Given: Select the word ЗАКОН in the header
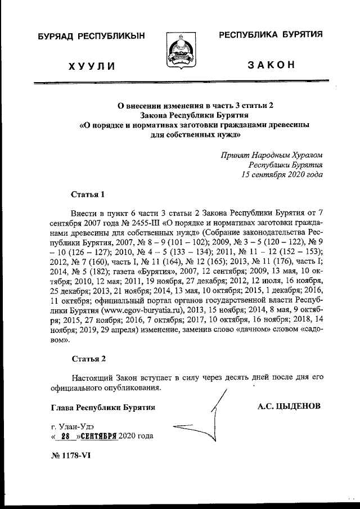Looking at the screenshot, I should click(x=271, y=66).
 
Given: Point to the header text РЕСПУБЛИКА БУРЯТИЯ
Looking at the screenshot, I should click(x=271, y=34).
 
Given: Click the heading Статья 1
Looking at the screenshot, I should click(x=88, y=195).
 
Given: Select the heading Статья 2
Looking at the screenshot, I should click(x=88, y=358).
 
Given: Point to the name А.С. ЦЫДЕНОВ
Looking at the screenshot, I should click(x=289, y=405).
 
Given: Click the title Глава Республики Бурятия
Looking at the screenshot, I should click(x=103, y=406).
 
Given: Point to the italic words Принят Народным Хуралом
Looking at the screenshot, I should click(x=272, y=155).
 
